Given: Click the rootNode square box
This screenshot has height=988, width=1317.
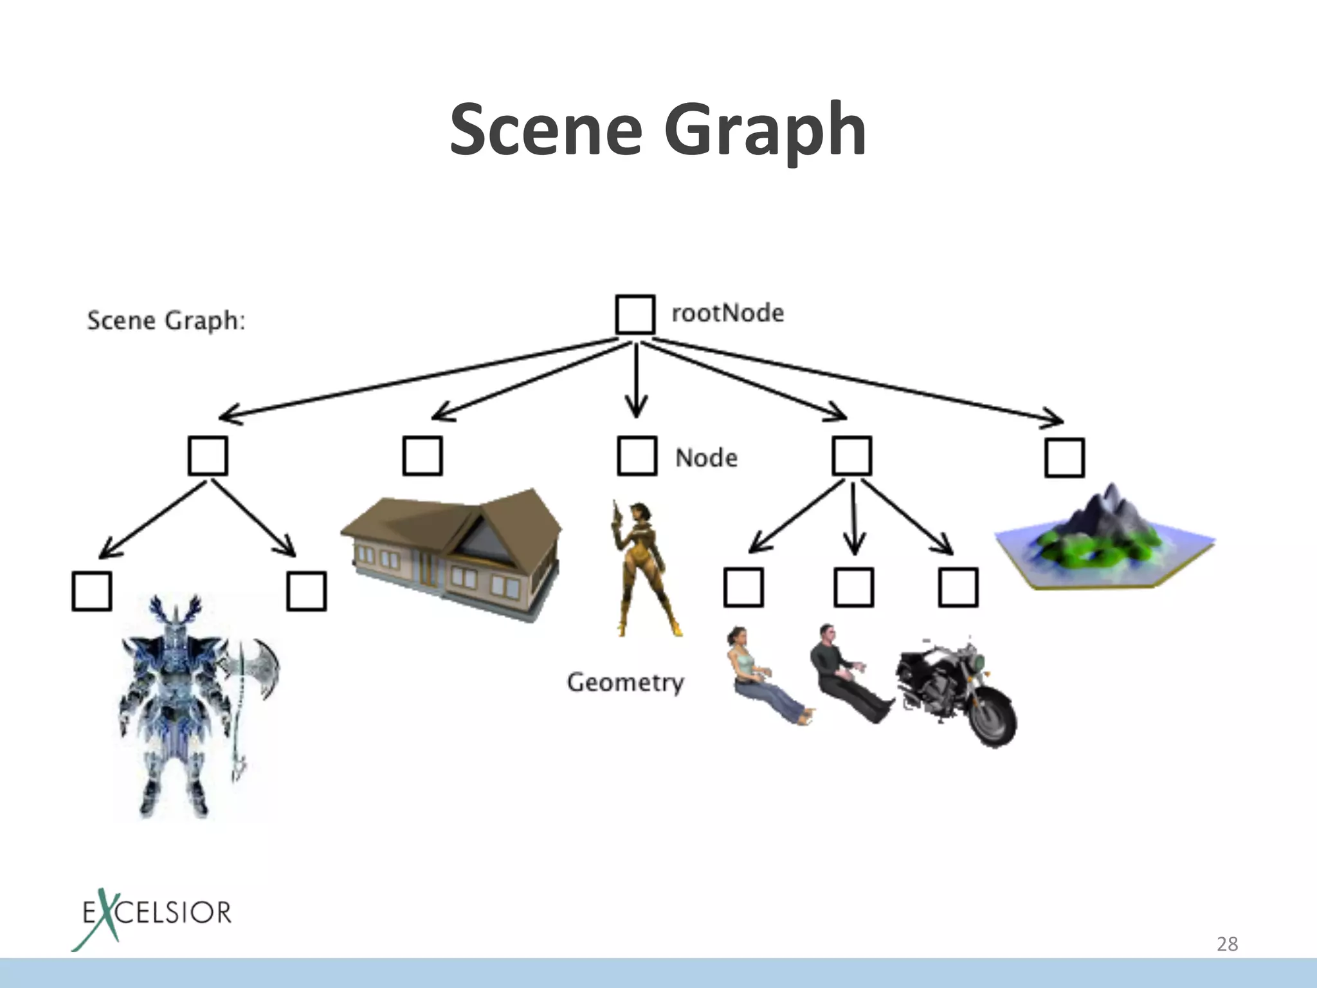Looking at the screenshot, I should coord(635,315).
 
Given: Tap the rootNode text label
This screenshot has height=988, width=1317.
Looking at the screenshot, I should coord(727,313).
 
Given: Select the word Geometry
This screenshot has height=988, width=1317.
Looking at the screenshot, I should coord(625,682).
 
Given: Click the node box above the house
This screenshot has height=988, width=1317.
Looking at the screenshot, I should coord(422,456).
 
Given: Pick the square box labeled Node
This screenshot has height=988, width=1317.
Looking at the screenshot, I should coord(637,456).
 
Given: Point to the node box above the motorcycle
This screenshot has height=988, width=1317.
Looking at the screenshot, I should coord(958,587).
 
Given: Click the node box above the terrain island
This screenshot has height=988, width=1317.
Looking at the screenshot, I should coord(1064,458).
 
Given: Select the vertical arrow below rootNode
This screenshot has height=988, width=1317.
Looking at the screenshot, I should coord(637,380).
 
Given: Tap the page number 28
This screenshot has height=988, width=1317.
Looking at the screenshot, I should coord(1227,944).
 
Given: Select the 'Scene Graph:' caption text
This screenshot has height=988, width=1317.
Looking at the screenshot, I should coord(166,320).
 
